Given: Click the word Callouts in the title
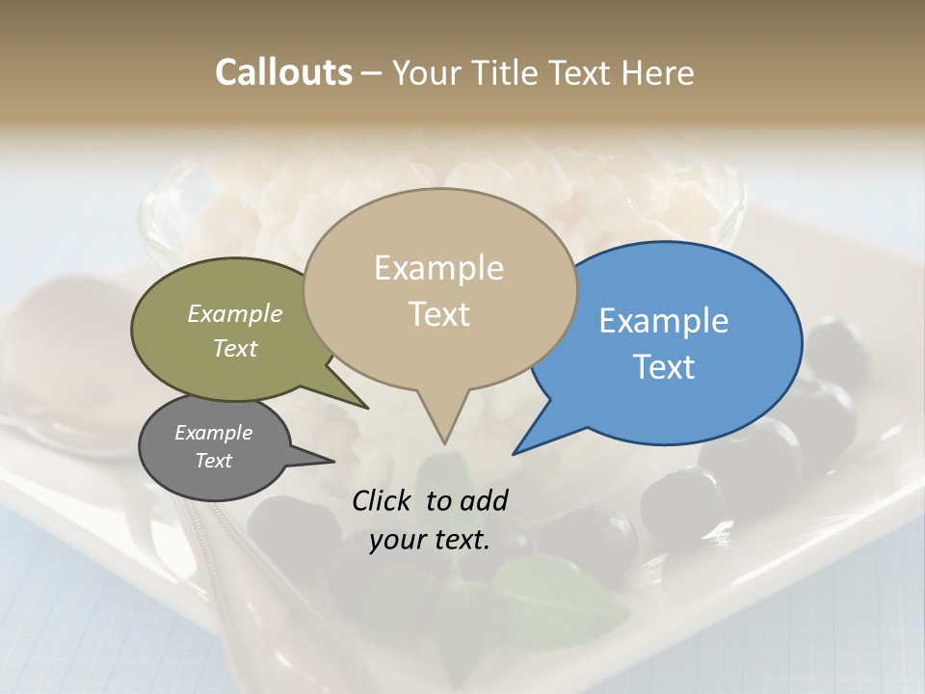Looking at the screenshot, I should tap(283, 72).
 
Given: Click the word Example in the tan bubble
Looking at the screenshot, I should tap(438, 268).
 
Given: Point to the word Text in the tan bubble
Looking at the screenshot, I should tap(438, 314).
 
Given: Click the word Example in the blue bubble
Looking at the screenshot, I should tap(664, 321).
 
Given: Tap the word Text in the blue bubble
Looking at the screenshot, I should tap(664, 367).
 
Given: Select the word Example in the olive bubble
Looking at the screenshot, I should tap(235, 313).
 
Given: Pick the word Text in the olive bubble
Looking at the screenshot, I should tap(235, 348).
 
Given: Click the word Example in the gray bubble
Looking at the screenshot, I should tap(213, 433).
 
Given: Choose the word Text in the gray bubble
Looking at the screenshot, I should tap(213, 461).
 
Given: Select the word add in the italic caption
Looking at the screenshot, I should tap(483, 500).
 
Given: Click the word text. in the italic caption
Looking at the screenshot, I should tap(462, 540).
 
